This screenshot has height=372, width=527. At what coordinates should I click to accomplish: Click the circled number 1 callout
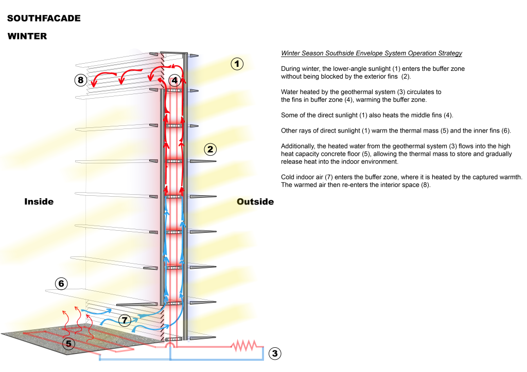237,64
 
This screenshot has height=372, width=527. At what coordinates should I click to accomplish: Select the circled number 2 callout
210,150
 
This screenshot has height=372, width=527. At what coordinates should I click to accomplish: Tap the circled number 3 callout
275,353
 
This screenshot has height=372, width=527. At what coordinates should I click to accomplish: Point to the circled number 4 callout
174,80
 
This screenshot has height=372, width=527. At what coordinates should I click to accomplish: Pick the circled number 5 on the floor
69,344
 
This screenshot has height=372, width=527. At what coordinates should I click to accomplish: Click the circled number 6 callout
61,284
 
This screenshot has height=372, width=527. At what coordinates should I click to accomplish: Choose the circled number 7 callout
125,320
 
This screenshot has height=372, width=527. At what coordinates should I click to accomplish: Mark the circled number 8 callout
81,80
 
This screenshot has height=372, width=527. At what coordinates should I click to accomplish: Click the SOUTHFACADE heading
44,18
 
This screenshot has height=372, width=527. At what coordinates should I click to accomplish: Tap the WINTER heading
27,36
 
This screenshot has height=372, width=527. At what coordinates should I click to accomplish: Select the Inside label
39,201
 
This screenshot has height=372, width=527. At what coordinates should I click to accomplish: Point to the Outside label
255,201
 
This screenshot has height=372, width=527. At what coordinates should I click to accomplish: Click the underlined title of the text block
372,53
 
